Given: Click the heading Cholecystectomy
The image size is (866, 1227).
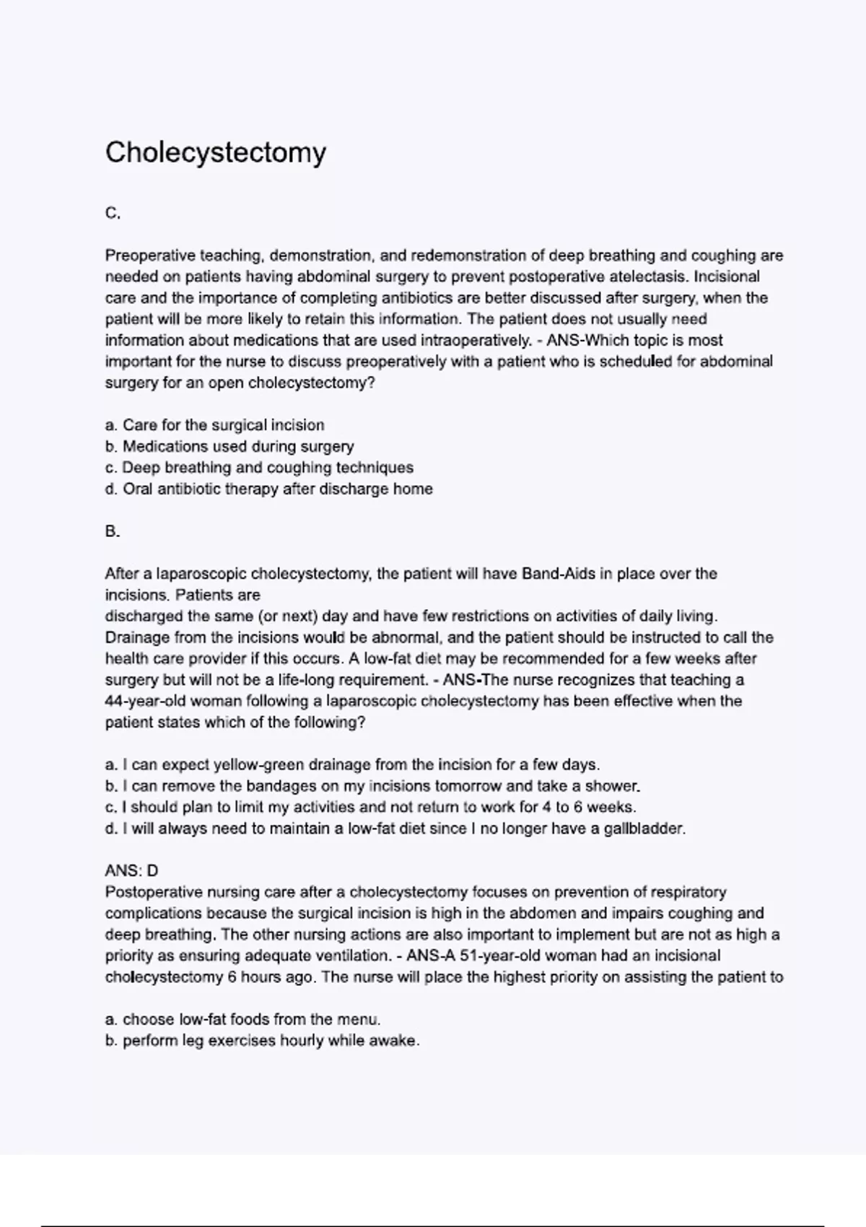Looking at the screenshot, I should (215, 152).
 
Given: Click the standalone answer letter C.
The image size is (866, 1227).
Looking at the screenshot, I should (113, 214).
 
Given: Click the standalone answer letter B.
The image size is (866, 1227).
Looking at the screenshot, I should (113, 532).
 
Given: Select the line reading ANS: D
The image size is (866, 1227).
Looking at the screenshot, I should (131, 871).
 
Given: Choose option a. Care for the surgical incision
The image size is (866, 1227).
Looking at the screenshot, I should (215, 425).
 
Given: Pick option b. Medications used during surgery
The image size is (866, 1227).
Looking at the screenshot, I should (229, 447).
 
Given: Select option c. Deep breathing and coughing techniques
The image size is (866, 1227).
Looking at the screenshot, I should (259, 468).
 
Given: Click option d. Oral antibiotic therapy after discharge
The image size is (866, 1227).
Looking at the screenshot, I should (268, 489).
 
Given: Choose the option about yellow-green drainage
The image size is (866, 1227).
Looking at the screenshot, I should (352, 765).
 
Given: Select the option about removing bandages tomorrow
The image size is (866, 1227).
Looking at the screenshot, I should (372, 786).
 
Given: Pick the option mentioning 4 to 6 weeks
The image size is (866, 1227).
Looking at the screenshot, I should (370, 807).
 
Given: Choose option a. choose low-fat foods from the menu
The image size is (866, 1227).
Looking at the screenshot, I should (242, 1020).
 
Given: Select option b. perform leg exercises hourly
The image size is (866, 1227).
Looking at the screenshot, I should (262, 1041).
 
